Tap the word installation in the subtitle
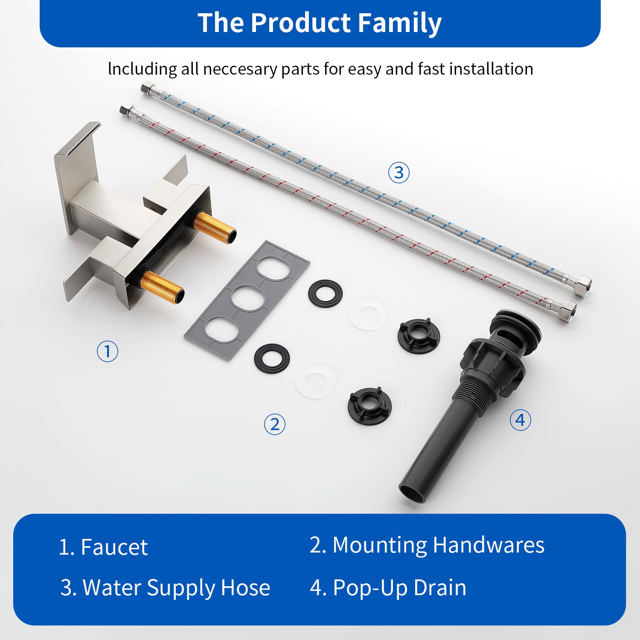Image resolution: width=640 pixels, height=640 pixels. (491, 69)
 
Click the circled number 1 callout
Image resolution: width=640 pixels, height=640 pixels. (107, 351)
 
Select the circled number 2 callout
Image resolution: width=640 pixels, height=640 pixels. (274, 424)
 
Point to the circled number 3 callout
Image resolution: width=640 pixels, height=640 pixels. (399, 172)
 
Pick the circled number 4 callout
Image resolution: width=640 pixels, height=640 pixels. (521, 420)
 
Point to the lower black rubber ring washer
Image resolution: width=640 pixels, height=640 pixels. (272, 358)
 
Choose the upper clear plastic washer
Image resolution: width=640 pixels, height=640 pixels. (369, 314)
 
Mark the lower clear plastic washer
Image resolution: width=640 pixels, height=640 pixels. (316, 381)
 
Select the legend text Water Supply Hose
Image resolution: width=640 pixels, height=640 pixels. (176, 588)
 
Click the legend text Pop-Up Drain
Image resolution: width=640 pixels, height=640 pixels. (399, 588)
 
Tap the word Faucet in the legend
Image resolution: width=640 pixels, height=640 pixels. (114, 547)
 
